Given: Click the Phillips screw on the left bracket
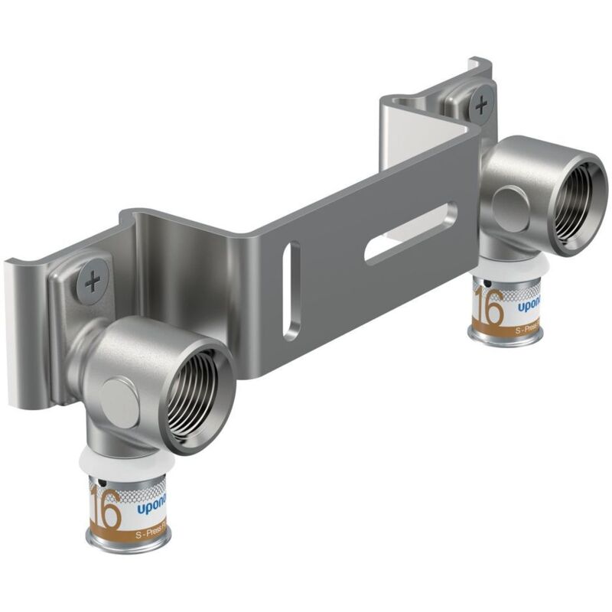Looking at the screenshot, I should point(93,283).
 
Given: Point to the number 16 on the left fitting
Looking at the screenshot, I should point(106,507).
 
